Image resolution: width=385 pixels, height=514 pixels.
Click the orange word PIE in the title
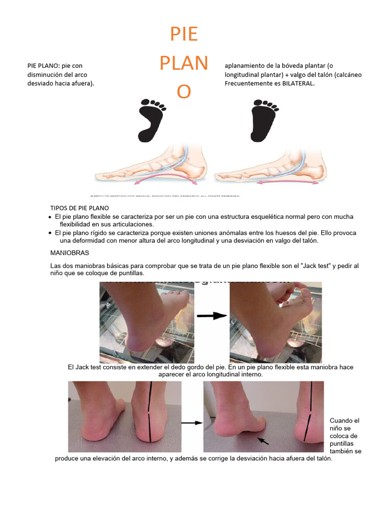click(x=184, y=35)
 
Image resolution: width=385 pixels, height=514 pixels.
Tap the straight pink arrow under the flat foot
click(x=288, y=183)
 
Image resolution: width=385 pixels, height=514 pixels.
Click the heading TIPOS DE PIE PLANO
click(x=80, y=208)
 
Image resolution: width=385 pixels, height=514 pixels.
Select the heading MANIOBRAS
click(x=70, y=253)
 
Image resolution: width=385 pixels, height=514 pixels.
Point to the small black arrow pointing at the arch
click(x=263, y=441)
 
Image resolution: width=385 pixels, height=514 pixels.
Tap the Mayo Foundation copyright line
click(x=165, y=196)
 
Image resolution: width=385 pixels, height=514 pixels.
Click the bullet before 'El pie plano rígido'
click(x=50, y=233)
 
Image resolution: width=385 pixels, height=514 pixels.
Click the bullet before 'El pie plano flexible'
click(x=50, y=217)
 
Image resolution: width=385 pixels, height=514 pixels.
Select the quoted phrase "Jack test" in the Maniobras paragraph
click(x=318, y=265)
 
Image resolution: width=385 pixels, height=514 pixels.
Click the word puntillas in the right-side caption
click(x=342, y=444)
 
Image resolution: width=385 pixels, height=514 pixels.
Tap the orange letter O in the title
click(x=184, y=92)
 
